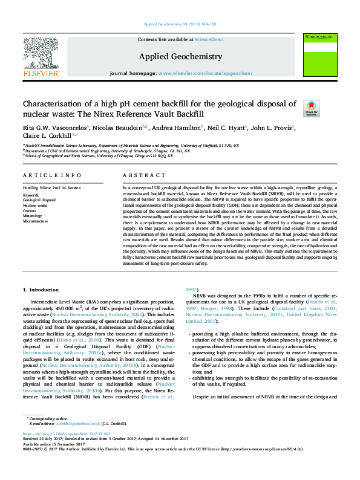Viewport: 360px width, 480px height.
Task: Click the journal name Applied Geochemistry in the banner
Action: point(181,56)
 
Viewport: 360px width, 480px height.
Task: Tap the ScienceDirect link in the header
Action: point(210,39)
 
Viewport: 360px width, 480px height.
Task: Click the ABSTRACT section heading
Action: point(140,175)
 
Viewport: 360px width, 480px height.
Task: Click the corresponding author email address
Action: point(80,441)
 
